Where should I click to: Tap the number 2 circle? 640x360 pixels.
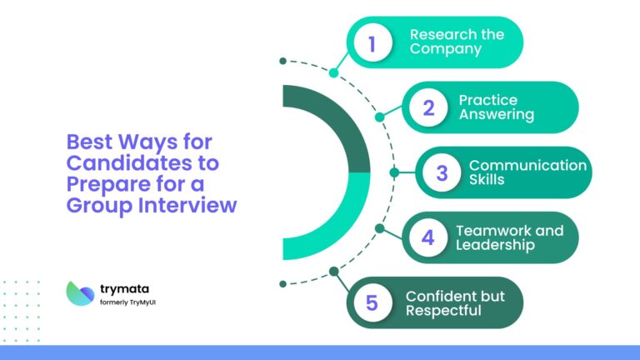click(x=428, y=107)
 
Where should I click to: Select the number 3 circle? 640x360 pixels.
click(x=442, y=172)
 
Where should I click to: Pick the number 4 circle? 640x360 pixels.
click(x=428, y=237)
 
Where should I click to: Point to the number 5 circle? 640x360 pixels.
click(x=372, y=302)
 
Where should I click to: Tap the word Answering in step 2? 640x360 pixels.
click(x=497, y=115)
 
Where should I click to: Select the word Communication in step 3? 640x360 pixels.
click(x=527, y=165)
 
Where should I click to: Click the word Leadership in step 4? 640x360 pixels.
click(x=495, y=245)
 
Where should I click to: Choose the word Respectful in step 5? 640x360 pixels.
click(x=443, y=311)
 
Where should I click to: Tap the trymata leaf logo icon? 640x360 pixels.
click(x=81, y=292)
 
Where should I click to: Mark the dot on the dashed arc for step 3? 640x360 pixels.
click(x=394, y=172)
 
